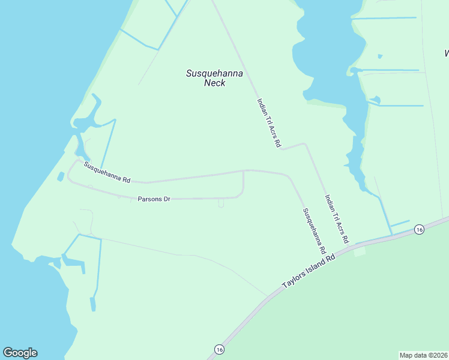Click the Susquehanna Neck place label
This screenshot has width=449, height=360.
(x=214, y=78)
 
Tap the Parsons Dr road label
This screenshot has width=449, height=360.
(x=154, y=199)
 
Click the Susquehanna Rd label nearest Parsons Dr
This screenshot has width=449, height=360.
(x=107, y=172)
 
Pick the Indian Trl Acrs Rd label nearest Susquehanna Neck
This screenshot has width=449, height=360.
(x=268, y=123)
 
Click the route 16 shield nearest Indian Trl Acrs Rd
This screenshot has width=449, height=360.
(x=419, y=229)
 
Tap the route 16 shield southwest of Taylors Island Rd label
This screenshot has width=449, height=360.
(x=219, y=349)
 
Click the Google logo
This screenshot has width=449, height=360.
(x=20, y=353)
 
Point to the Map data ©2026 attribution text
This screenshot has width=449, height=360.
(x=424, y=355)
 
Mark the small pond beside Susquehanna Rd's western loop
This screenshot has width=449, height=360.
(x=61, y=176)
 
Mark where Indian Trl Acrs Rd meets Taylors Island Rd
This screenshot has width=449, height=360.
(x=354, y=245)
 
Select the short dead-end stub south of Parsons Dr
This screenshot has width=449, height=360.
(x=221, y=203)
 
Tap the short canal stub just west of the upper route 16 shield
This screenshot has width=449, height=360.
(x=400, y=223)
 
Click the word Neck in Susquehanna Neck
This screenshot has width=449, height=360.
(x=214, y=83)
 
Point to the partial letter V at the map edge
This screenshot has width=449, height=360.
(x=447, y=53)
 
